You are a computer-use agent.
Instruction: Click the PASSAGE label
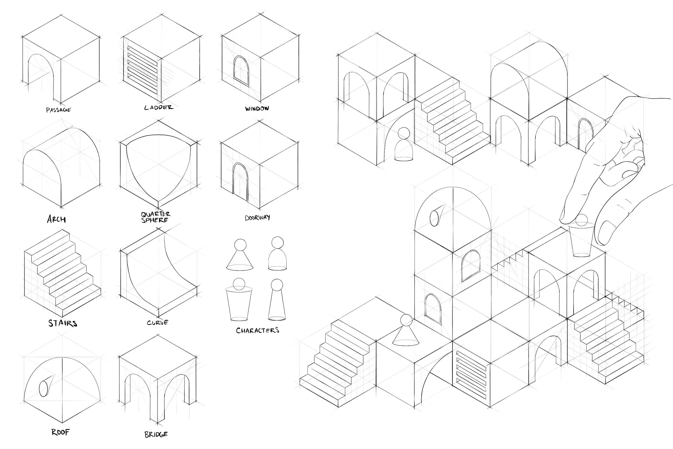click(x=58, y=110)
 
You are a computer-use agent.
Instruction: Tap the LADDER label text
click(x=159, y=107)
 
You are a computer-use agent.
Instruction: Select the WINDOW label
click(x=257, y=108)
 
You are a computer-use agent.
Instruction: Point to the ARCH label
click(x=56, y=219)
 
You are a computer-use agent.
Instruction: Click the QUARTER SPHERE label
click(x=155, y=217)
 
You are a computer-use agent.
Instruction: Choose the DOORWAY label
click(x=257, y=218)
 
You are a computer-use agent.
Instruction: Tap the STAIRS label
click(x=63, y=323)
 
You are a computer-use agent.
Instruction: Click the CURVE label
click(x=157, y=322)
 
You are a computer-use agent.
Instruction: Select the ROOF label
click(x=60, y=432)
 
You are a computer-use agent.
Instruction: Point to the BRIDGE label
click(x=156, y=434)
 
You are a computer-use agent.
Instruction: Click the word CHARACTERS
click(x=258, y=330)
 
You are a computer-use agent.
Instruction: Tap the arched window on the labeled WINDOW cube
click(x=241, y=70)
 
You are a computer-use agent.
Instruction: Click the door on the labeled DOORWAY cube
click(x=240, y=182)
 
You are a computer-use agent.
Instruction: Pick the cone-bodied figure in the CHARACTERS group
click(x=240, y=255)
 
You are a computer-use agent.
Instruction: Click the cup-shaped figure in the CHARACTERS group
click(x=239, y=301)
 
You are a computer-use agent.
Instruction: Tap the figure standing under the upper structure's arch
click(x=404, y=146)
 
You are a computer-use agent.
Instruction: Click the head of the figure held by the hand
click(x=581, y=220)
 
